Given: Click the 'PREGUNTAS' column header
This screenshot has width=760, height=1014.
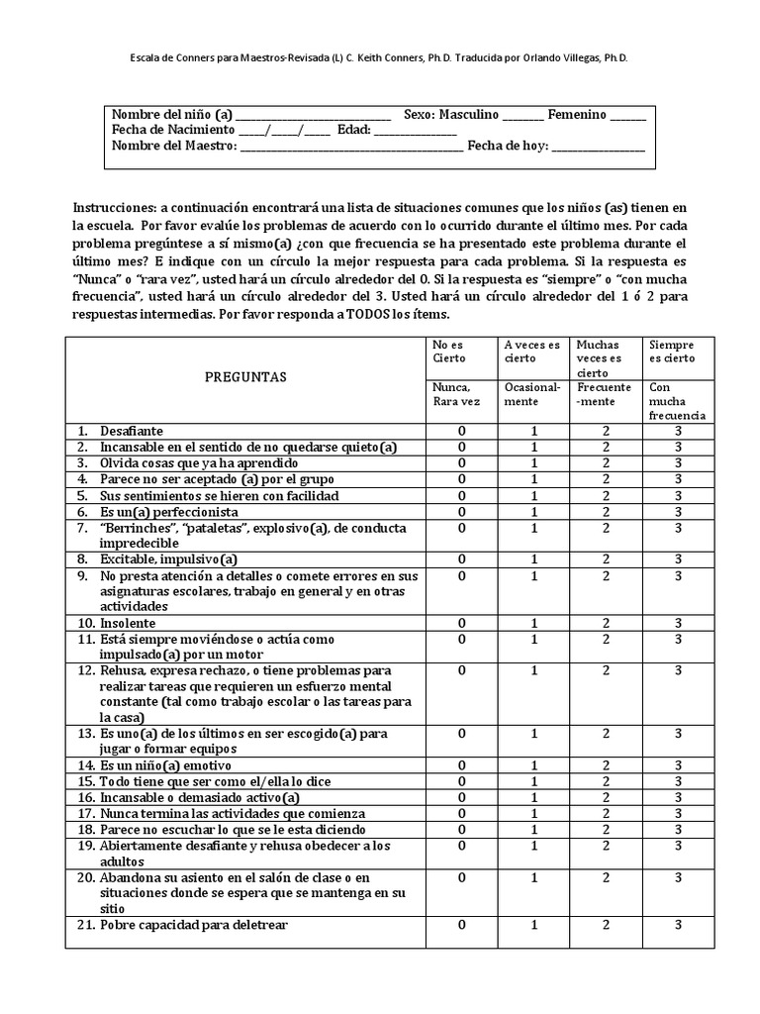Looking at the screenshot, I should tap(244, 377).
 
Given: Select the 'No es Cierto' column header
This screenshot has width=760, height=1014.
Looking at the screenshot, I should tap(447, 351).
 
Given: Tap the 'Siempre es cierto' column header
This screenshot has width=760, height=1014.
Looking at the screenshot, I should tap(674, 351).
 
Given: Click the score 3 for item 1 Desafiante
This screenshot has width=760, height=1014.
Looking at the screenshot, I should tap(679, 432).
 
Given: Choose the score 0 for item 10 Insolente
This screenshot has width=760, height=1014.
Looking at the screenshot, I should tap(461, 623).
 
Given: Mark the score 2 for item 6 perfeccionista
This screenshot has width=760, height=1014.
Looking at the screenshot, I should tap(606, 512).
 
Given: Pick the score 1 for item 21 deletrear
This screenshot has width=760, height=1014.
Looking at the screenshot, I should tap(534, 925).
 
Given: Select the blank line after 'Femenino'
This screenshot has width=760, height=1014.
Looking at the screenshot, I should tap(628, 117).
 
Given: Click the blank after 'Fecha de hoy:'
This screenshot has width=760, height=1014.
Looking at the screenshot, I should tap(598, 149).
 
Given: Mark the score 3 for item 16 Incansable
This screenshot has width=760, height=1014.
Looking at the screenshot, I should tap(679, 797).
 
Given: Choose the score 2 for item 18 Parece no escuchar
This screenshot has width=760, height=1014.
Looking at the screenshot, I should tap(606, 829).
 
